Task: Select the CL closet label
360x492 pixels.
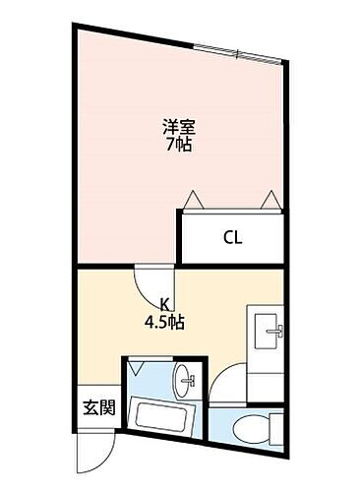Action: (x=233, y=237)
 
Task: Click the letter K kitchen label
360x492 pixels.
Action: (x=168, y=305)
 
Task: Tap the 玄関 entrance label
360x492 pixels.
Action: (x=95, y=407)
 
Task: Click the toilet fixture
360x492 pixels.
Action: (x=257, y=428)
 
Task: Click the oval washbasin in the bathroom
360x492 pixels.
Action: (x=184, y=379)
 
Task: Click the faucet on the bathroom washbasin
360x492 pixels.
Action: (x=193, y=379)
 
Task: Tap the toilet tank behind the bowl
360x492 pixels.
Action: (x=278, y=428)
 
